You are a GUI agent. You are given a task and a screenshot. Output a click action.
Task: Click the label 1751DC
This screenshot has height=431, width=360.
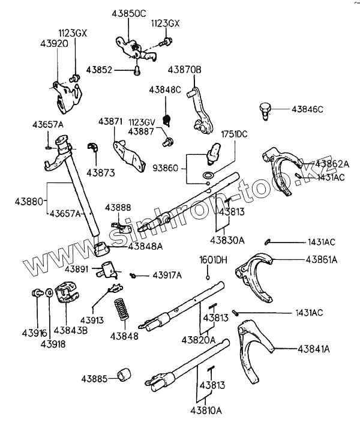pos(235,134)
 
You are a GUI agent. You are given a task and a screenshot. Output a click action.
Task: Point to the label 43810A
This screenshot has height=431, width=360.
pos(206,412)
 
